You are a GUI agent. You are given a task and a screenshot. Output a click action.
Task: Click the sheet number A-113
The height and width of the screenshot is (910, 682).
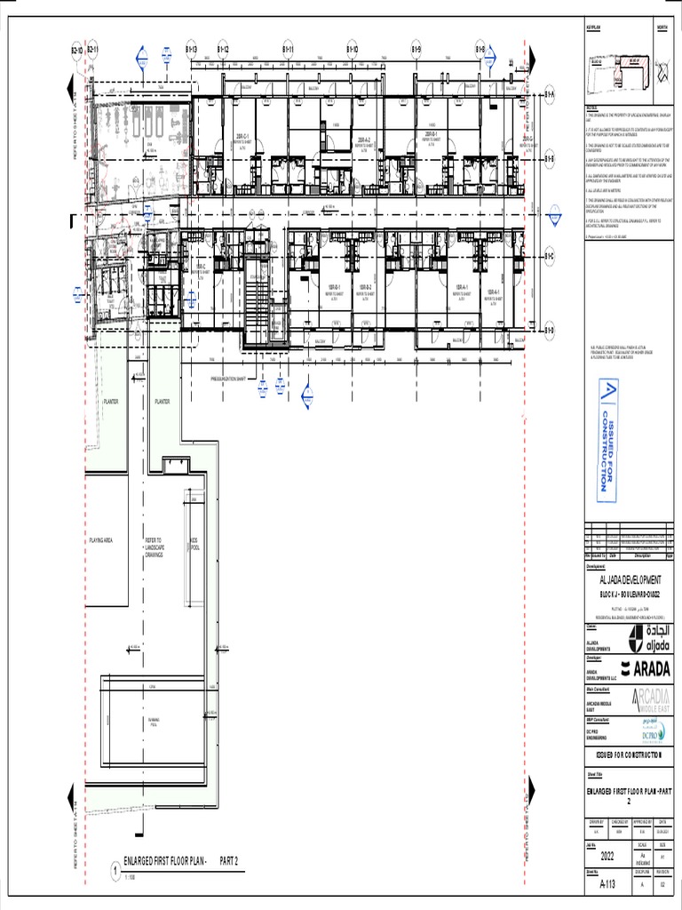[x=607, y=884]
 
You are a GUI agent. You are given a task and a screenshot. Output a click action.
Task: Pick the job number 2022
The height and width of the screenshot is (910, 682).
[x=607, y=857]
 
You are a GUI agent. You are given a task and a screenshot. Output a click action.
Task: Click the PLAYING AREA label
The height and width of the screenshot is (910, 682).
[x=100, y=540]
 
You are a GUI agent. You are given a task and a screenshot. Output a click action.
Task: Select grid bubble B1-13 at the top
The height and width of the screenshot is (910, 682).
[x=191, y=50]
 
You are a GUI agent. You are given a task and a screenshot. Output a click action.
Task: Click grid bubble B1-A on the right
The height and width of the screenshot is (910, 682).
[x=550, y=94]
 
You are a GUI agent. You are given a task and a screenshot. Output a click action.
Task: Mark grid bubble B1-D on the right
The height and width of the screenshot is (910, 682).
[x=550, y=331]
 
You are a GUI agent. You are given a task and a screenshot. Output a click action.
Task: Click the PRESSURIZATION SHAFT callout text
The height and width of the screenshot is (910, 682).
[x=234, y=378]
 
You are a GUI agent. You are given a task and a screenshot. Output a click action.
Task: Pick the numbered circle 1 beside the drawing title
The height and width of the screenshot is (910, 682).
[x=114, y=874]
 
